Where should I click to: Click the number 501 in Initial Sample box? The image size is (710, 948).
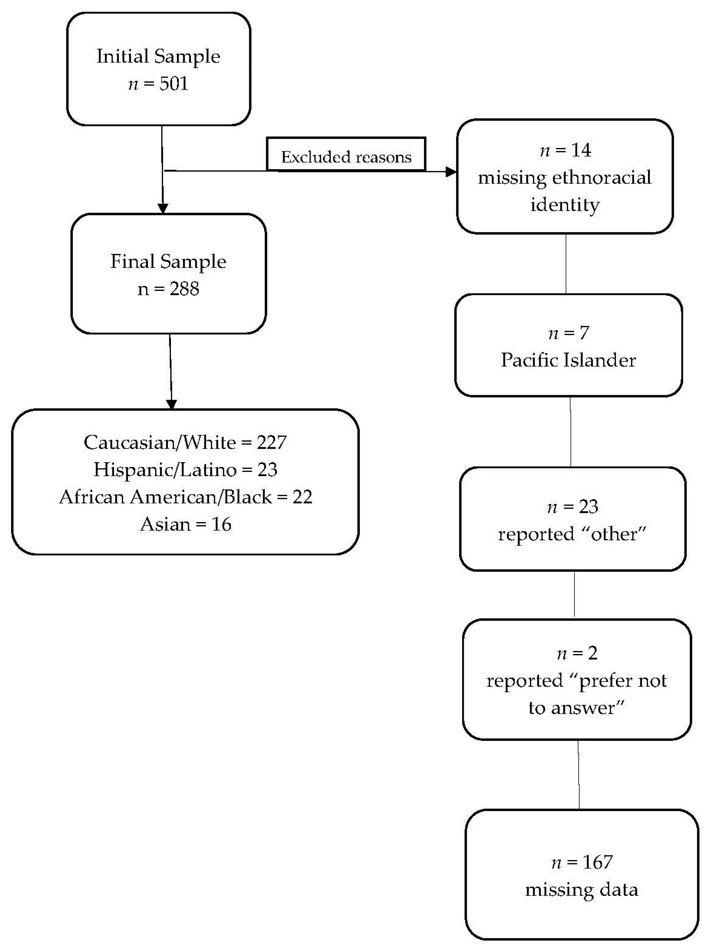tap(174, 84)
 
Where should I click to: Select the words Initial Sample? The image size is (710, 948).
tap(158, 56)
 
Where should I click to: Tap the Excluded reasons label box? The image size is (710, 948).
tap(346, 155)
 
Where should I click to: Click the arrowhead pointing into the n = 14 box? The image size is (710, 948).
tap(451, 172)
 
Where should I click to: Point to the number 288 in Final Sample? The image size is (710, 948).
tap(184, 289)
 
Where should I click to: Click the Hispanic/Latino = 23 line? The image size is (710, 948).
tap(185, 470)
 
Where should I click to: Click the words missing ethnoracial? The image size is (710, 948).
tap(564, 177)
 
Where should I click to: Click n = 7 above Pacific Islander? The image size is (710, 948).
tap(568, 333)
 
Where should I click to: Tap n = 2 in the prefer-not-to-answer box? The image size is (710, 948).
tap(577, 653)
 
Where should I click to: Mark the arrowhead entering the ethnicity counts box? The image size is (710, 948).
tap(171, 404)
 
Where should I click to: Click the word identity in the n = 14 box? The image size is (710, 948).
tap(565, 204)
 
